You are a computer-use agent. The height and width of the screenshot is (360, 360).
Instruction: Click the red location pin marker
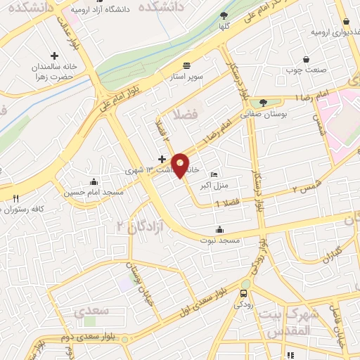(181, 165)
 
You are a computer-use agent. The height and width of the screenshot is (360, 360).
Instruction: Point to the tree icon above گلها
(224, 15)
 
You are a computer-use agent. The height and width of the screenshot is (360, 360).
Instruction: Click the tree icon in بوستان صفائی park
(262, 101)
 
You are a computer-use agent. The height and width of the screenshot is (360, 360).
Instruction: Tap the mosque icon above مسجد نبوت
(220, 229)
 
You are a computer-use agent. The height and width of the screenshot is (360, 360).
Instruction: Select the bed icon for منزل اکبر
(214, 175)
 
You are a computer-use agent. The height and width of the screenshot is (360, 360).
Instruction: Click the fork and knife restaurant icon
(15, 198)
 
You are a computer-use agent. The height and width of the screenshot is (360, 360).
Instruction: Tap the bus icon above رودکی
(244, 293)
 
